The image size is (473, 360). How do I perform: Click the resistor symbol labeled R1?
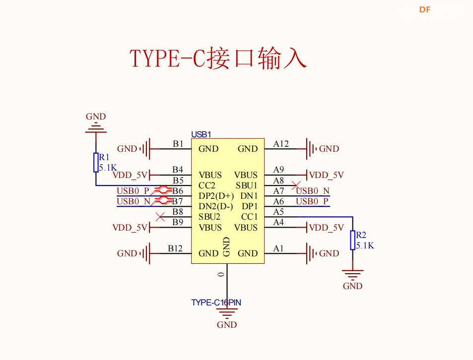pos(96,162)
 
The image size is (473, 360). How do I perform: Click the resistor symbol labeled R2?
pos(353,240)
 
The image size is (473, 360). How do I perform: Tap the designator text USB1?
pos(201,134)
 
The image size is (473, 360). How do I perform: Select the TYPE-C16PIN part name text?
pos(216,302)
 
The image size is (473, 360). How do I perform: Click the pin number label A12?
pos(281,144)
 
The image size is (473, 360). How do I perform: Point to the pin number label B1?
pos(178,144)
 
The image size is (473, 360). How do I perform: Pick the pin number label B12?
pos(175,248)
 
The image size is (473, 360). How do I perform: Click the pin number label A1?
pos(278,248)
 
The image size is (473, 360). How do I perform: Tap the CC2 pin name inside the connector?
pos(207,185)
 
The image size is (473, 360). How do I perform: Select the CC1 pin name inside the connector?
pos(249,217)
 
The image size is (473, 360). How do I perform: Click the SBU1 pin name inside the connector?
pos(247,185)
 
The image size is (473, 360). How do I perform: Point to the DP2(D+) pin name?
pos(216,196)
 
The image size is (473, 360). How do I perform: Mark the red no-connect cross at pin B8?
pos(160,217)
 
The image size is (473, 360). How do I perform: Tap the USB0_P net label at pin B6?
pos(133,191)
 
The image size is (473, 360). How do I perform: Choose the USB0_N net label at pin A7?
pos(313,191)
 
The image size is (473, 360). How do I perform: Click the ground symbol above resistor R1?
pos(96,128)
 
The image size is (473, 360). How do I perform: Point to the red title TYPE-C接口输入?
pos(218,59)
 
